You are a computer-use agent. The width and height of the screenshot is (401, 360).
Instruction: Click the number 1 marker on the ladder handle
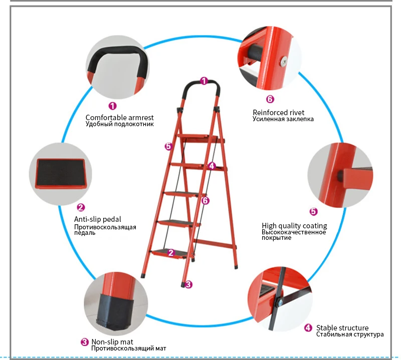204,81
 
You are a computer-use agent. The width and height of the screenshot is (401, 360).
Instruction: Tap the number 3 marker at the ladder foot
188,284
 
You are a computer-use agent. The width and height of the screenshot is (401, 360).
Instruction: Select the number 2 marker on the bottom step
171,253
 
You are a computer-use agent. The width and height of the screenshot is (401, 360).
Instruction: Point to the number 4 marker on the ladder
212,166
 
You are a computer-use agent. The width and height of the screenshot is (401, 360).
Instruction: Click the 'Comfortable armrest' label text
119,118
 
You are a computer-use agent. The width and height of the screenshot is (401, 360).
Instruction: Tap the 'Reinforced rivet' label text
279,113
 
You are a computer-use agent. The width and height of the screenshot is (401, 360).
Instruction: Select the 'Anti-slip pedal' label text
97,219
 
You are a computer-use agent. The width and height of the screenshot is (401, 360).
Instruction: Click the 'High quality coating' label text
294,226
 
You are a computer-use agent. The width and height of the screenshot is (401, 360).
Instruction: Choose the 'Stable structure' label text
342,328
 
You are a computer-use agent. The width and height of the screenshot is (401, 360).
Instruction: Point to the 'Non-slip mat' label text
112,342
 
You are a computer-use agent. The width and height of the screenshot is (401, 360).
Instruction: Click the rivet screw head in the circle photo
283,61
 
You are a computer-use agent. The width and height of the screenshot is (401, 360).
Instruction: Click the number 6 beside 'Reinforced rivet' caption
270,99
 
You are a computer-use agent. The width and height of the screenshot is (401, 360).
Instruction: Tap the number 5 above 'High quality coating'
314,211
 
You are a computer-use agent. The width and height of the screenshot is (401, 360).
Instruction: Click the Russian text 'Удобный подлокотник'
120,125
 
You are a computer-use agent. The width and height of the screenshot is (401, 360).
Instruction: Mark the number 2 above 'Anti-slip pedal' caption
81,207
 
